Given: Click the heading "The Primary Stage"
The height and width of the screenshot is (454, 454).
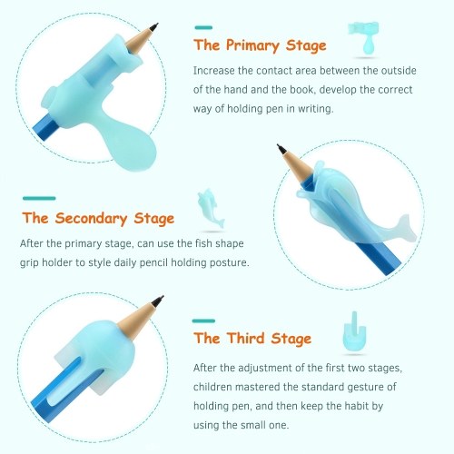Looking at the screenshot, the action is pyautogui.click(x=260, y=45).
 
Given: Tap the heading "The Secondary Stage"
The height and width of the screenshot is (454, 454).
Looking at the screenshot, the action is pyautogui.click(x=98, y=219).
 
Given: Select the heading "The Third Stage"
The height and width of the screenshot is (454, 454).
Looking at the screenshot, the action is pyautogui.click(x=252, y=338).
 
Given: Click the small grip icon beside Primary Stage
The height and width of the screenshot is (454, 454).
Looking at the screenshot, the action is pyautogui.click(x=364, y=38).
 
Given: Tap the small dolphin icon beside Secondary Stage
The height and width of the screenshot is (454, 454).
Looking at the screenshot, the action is pyautogui.click(x=211, y=208).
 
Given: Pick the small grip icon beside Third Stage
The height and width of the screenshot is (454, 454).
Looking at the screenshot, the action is pyautogui.click(x=354, y=331).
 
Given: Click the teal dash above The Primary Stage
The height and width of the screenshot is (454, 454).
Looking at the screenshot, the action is pyautogui.click(x=203, y=27).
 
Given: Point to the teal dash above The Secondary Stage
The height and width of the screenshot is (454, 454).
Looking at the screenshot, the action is pyautogui.click(x=39, y=198).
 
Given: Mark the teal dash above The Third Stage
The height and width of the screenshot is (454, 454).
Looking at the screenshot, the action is pyautogui.click(x=203, y=321).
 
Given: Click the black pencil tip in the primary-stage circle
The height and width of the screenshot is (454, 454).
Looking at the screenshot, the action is pyautogui.click(x=154, y=26).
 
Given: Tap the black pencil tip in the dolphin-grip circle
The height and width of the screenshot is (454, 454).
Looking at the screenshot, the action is pyautogui.click(x=281, y=149).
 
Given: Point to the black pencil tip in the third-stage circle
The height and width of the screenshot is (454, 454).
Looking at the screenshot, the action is pyautogui.click(x=159, y=301).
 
